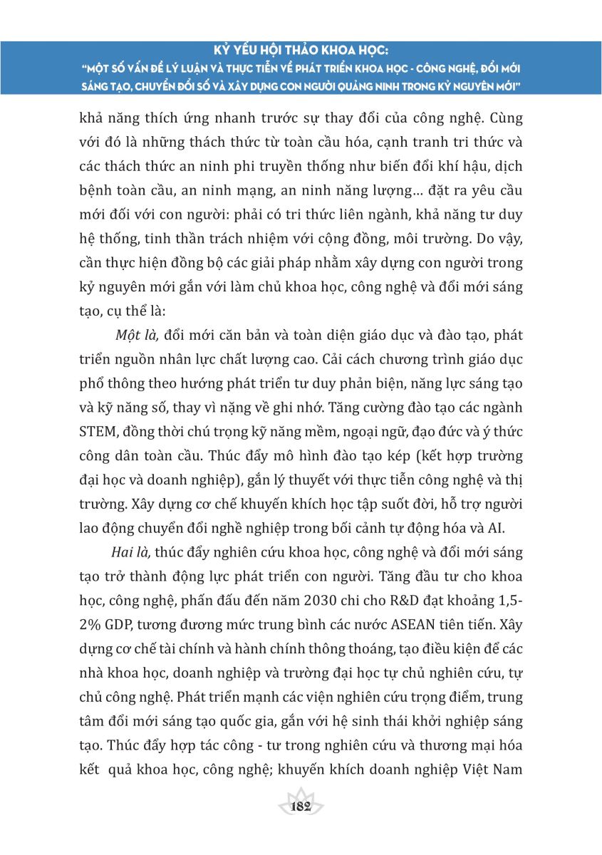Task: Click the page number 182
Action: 301,806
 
